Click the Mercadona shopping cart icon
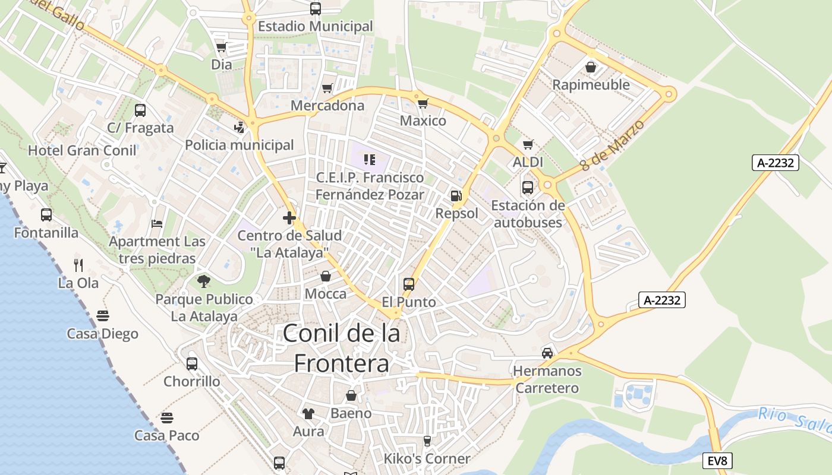(x=327, y=88)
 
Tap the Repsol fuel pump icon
(x=456, y=195)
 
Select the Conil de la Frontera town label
(x=342, y=348)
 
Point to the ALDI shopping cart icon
(x=528, y=144)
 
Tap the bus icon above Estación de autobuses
(x=527, y=188)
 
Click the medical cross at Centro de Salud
(x=289, y=218)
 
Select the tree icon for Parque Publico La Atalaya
(x=204, y=281)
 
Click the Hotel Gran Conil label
(x=83, y=150)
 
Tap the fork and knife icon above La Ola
(x=78, y=264)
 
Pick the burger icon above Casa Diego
(x=102, y=315)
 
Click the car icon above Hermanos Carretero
(x=547, y=353)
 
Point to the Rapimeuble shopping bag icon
(x=591, y=67)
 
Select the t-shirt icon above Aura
(x=308, y=413)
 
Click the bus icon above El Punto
(x=408, y=284)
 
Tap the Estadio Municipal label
(x=315, y=26)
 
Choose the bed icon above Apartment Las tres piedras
(x=157, y=224)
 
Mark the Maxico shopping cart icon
(x=423, y=104)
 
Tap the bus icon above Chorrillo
(x=191, y=363)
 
